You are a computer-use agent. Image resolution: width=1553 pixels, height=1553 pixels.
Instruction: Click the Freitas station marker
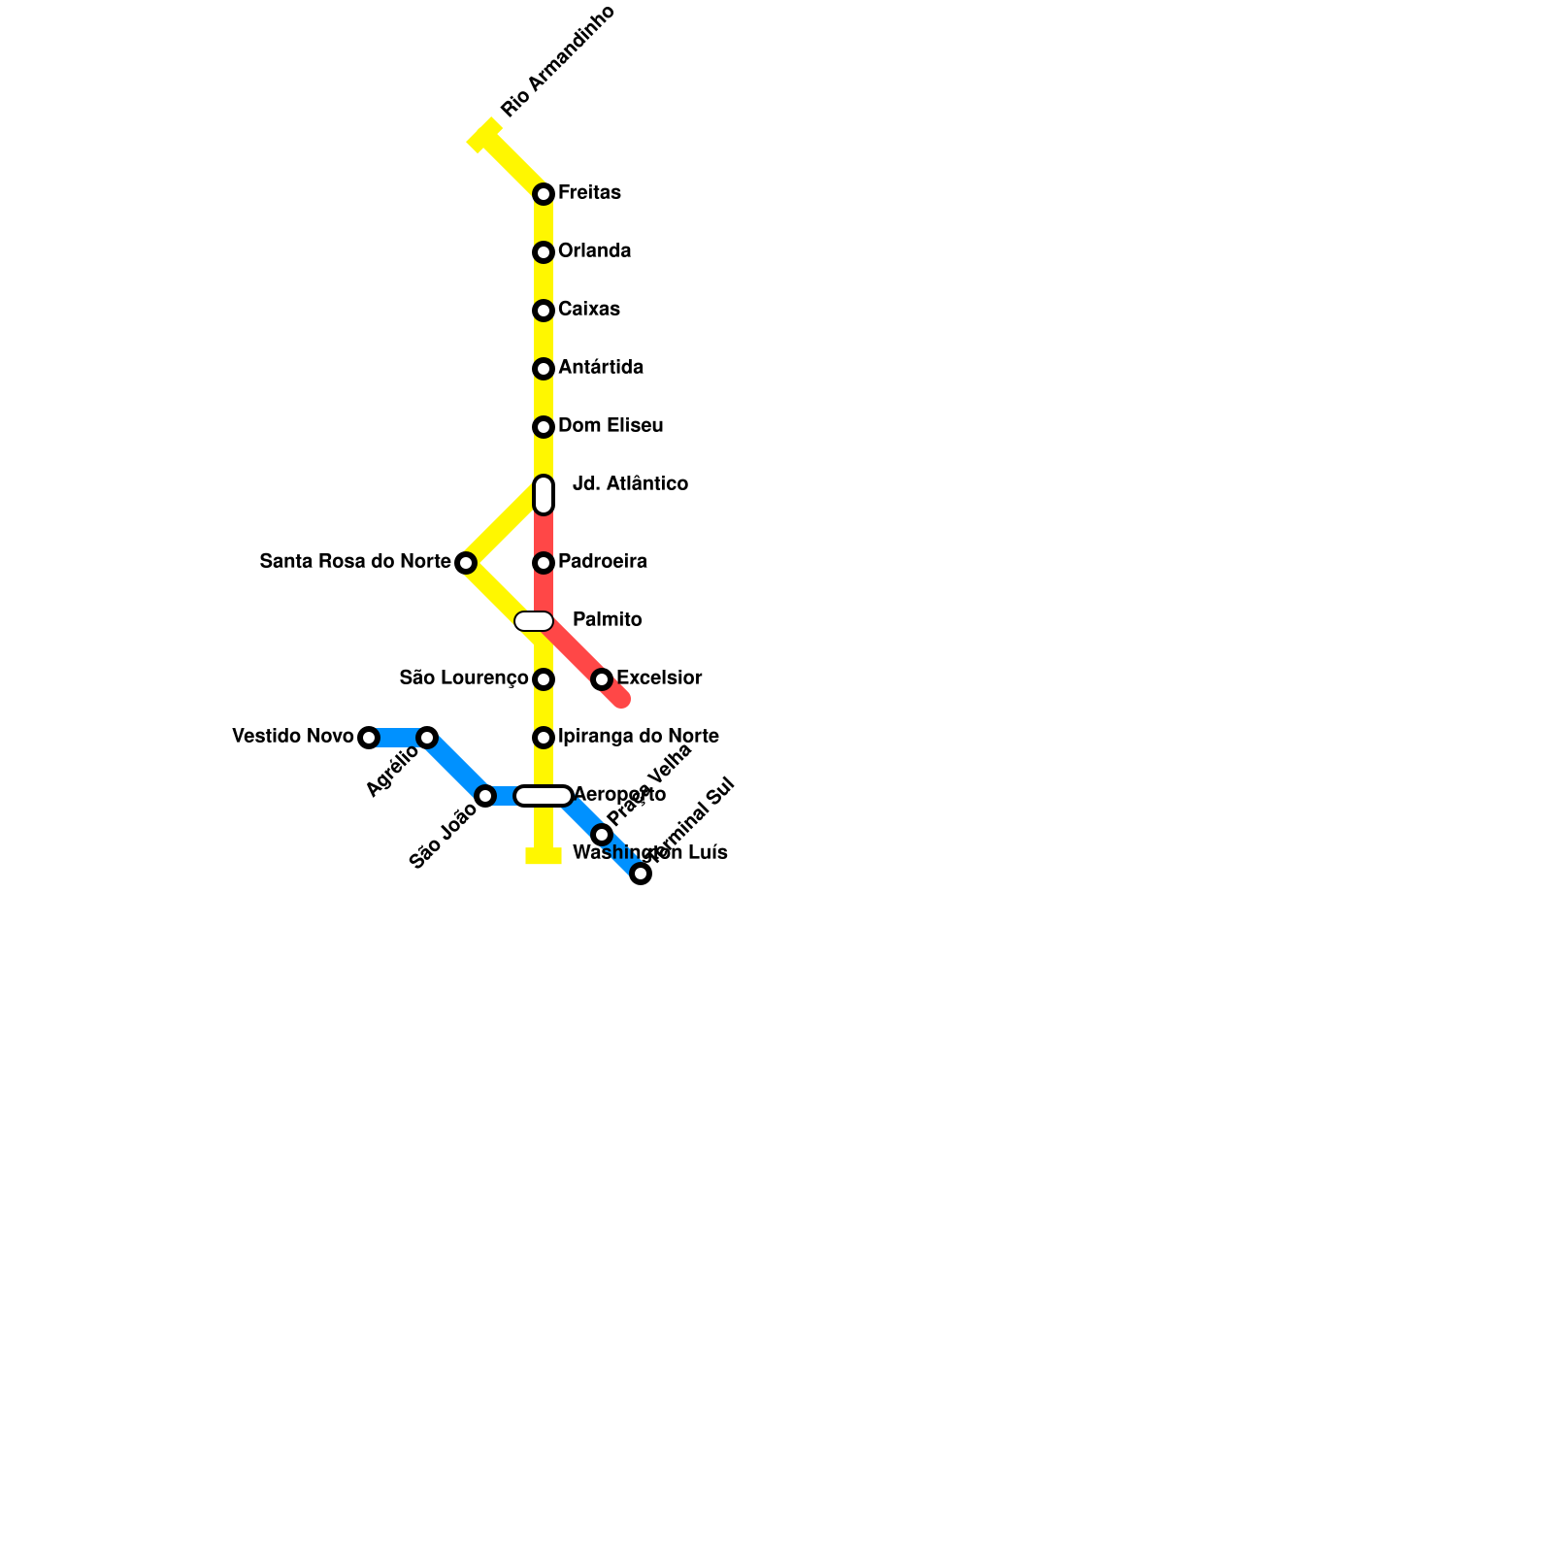pos(544,194)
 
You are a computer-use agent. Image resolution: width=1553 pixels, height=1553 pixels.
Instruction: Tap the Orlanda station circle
pos(544,252)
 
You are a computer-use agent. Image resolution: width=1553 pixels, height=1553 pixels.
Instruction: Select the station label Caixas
pos(588,310)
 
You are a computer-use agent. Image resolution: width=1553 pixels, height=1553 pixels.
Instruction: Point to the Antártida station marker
pos(544,369)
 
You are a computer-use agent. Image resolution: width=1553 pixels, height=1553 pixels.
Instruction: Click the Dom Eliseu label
pos(610,426)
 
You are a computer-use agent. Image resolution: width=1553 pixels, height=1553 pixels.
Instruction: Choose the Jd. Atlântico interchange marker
pos(544,495)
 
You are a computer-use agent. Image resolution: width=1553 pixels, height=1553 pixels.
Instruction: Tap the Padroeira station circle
pos(544,563)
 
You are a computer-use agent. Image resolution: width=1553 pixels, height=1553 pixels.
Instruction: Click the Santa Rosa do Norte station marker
pos(466,563)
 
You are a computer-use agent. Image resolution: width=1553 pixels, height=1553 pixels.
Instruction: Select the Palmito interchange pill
pos(534,621)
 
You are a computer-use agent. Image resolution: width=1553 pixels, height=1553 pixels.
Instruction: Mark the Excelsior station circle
pos(602,679)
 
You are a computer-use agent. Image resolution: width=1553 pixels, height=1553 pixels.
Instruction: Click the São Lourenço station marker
pos(544,679)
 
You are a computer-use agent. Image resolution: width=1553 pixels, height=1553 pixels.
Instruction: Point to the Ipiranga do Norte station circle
pos(544,738)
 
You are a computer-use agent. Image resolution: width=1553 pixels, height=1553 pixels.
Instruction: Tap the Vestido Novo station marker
pos(369,738)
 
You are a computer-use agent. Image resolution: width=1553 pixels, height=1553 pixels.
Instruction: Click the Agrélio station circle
pos(427,738)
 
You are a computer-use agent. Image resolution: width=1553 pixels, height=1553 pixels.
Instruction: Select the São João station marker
pos(485,796)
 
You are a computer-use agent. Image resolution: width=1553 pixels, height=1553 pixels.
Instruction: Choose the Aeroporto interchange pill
pos(544,796)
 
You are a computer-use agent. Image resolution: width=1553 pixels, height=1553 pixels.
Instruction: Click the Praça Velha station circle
pos(602,835)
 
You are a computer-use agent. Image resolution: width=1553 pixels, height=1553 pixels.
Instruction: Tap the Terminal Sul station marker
pos(641,874)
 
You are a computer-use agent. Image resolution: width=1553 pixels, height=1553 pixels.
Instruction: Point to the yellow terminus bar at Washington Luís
pos(544,856)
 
